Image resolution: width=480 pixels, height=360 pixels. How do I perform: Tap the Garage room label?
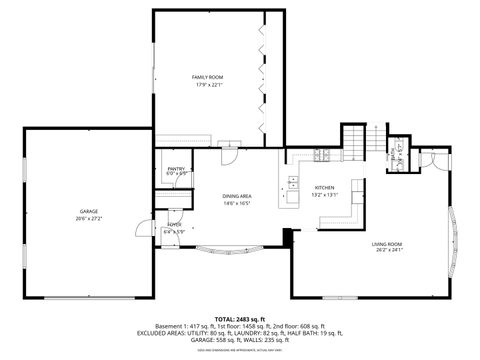tap(88, 211)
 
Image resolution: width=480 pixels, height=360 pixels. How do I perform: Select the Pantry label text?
tap(176, 169)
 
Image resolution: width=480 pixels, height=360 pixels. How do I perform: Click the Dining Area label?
tap(236, 197)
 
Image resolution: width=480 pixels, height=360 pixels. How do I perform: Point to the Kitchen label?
tap(325, 188)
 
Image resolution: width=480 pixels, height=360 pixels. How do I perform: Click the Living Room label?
tap(387, 244)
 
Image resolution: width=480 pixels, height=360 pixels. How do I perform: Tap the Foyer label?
tap(174, 225)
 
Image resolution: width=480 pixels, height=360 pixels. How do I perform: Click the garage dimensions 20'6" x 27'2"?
tap(88, 217)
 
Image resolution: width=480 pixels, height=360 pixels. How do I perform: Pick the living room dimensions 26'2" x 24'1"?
tap(387, 250)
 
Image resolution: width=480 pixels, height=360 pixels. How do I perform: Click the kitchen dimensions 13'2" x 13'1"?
tap(325, 195)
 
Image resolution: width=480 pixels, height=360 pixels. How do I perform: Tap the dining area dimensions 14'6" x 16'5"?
tap(236, 204)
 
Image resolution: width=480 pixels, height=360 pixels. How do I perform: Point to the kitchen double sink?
tap(293, 183)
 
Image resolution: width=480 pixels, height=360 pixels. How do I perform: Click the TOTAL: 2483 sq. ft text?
tap(240, 316)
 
